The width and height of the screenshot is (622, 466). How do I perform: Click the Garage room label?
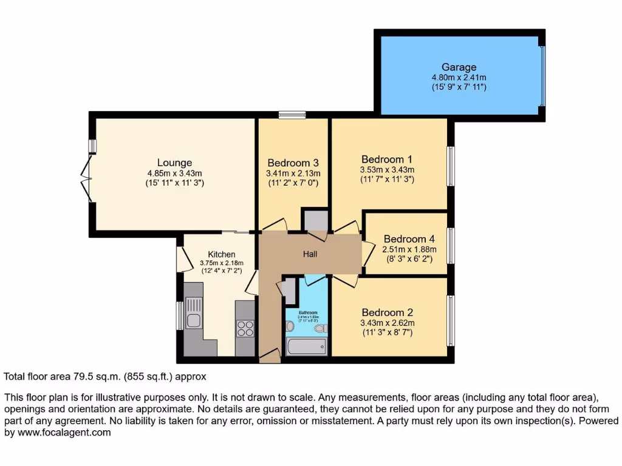click(x=459, y=67)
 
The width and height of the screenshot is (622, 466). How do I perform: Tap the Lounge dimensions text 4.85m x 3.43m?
click(x=174, y=173)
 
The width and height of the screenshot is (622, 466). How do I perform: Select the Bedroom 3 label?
click(x=293, y=163)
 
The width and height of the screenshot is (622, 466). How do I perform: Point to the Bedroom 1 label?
click(x=387, y=159)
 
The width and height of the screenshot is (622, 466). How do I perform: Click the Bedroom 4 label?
click(x=405, y=238)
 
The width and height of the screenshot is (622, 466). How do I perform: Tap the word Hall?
click(x=310, y=254)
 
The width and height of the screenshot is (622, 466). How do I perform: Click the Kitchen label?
click(x=221, y=254)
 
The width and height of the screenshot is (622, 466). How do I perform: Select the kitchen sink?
click(x=193, y=320)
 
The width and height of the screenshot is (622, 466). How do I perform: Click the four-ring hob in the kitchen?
click(x=245, y=328)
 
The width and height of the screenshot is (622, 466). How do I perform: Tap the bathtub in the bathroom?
click(x=306, y=347)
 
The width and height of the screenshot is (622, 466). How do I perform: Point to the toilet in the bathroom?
click(x=320, y=328)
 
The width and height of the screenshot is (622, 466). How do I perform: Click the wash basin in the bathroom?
click(x=290, y=326)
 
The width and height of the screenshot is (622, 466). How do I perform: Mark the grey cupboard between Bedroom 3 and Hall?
click(x=315, y=221)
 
